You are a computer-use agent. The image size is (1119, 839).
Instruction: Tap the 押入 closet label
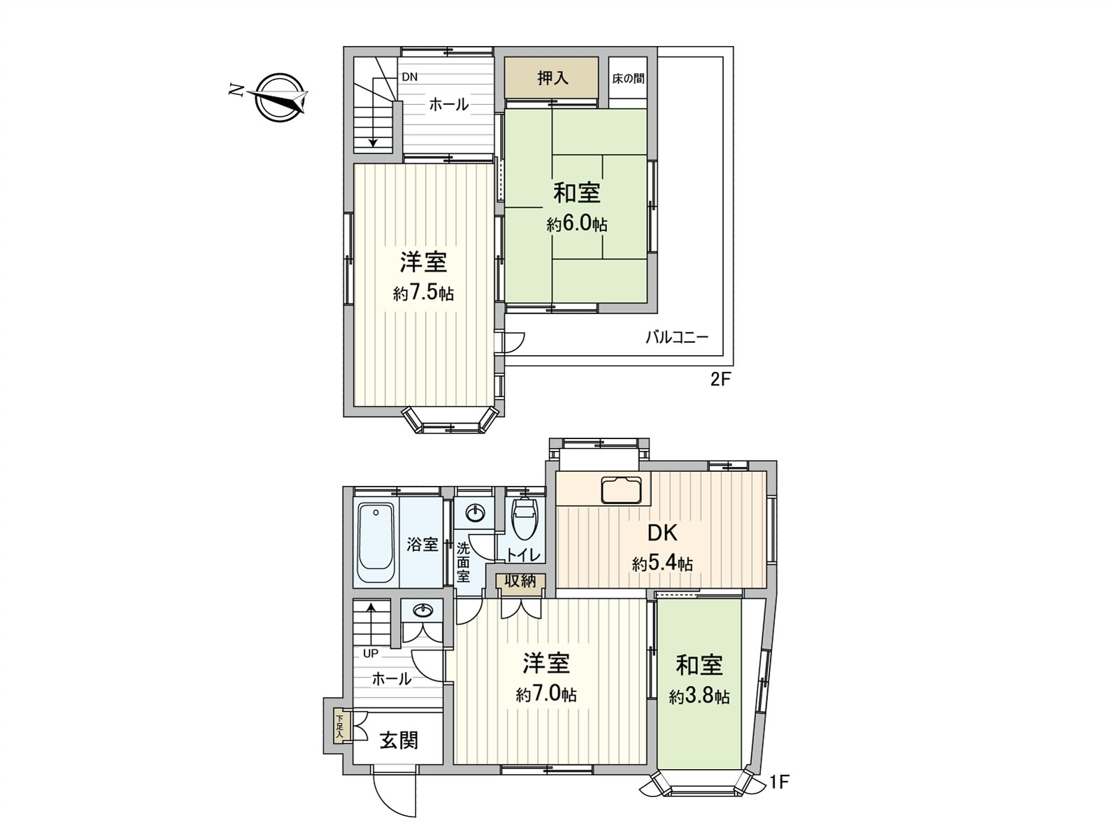click(553, 78)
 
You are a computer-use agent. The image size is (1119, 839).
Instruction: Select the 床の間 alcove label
click(628, 78)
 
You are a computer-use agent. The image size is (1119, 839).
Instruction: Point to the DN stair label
click(410, 78)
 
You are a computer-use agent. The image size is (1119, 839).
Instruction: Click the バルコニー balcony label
click(676, 338)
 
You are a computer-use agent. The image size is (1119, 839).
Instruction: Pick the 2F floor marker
click(720, 380)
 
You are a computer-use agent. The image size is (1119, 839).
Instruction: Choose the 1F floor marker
click(779, 782)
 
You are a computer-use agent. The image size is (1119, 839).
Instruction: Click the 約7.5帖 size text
click(423, 293)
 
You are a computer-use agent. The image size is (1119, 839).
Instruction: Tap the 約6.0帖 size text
click(577, 224)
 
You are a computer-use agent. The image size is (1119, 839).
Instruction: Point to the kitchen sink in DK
click(621, 489)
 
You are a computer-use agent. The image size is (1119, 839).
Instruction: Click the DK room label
click(662, 533)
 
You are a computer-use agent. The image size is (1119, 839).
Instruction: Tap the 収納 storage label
click(520, 580)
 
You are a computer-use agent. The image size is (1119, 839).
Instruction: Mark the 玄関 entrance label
click(399, 740)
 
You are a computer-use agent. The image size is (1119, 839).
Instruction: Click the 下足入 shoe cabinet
click(339, 726)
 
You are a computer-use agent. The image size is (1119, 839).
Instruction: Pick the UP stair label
click(371, 654)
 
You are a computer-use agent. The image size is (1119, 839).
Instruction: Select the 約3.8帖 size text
click(699, 697)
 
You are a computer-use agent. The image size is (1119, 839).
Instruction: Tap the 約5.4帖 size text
click(662, 564)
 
